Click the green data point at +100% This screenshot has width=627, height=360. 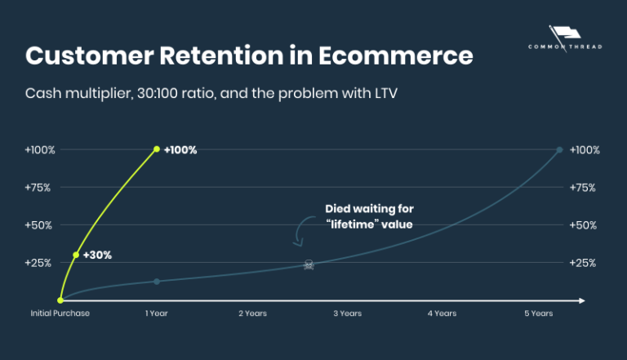[157, 149]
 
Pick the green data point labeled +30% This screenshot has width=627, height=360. [76, 255]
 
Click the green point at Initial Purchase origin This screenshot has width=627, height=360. [60, 300]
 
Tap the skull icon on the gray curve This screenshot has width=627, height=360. [309, 265]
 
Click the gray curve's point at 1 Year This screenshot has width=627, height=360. [157, 282]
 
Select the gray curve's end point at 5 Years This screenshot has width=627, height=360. [559, 149]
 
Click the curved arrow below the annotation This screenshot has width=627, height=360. [301, 232]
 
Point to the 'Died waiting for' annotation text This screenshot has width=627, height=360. [369, 208]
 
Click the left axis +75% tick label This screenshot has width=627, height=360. [38, 187]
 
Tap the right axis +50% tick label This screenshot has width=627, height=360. [584, 224]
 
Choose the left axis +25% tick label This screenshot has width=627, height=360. [38, 263]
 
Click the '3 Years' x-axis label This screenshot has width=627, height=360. [348, 313]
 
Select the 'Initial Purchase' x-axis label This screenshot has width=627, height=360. [60, 313]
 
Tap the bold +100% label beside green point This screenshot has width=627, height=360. [180, 150]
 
